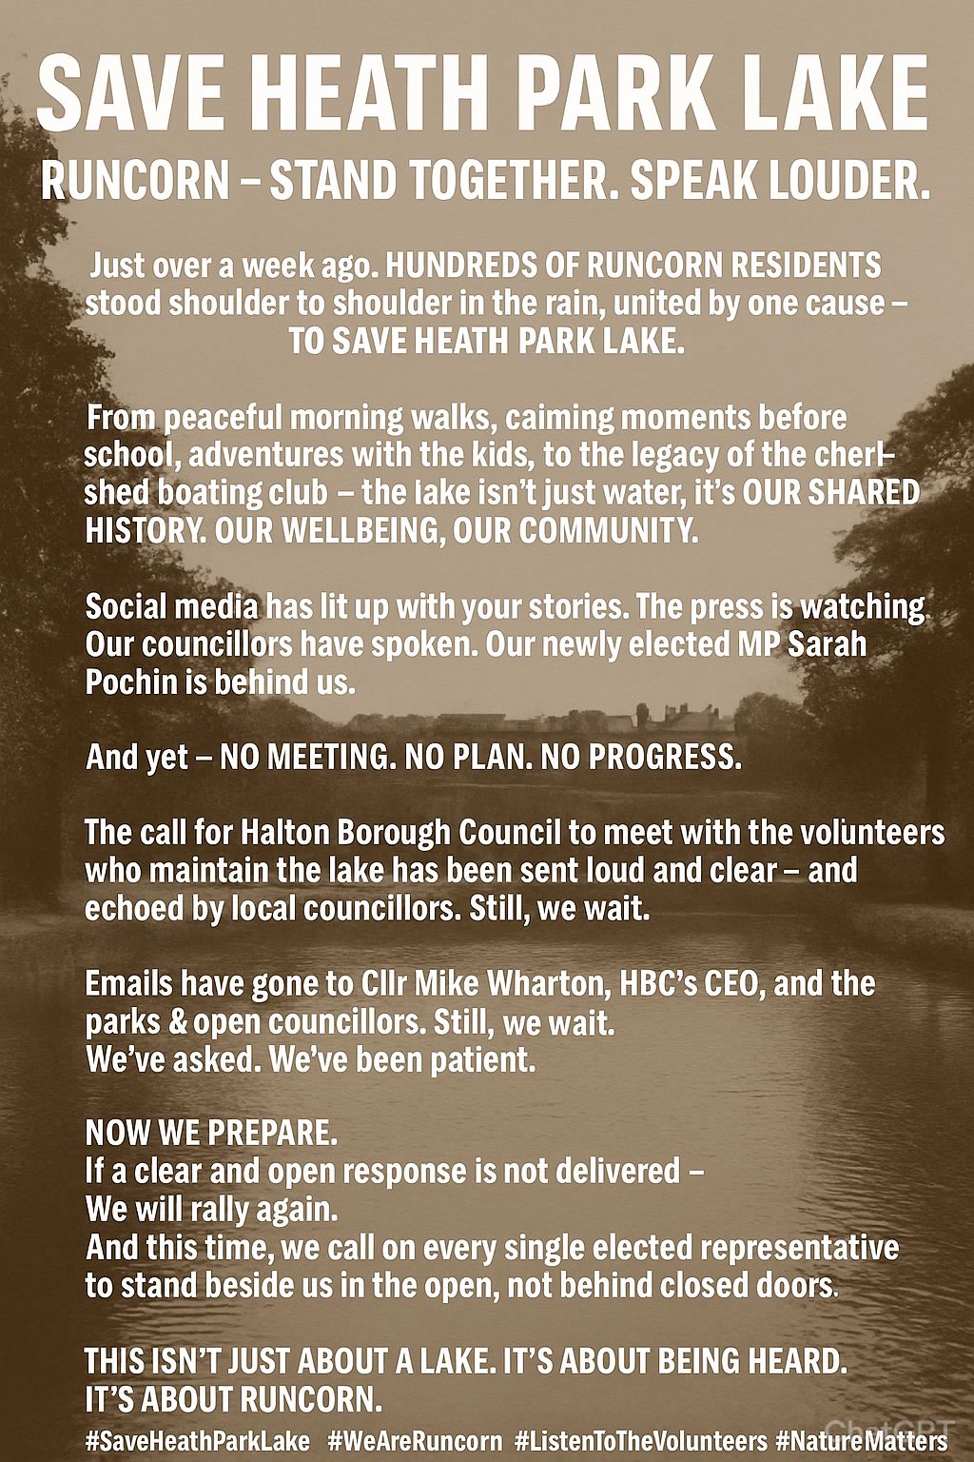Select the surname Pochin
[x=132, y=682]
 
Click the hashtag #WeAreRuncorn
[x=415, y=1437]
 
